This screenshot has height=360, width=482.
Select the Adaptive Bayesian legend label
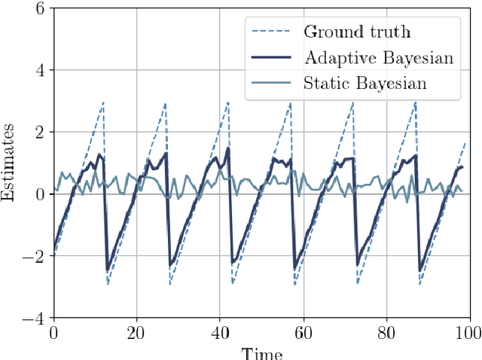[x=378, y=57]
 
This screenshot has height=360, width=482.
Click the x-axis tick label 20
[x=136, y=331]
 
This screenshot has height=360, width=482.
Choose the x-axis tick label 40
[x=220, y=331]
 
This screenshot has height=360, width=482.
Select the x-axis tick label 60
[x=303, y=331]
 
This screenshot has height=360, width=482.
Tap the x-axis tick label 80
[x=386, y=331]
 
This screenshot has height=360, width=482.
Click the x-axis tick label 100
[x=468, y=331]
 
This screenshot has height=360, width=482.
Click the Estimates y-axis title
[x=10, y=163]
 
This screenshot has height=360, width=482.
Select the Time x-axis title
[x=261, y=352]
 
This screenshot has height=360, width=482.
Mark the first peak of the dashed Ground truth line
[x=103, y=102]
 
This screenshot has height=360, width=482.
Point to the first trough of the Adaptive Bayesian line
[x=108, y=270]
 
